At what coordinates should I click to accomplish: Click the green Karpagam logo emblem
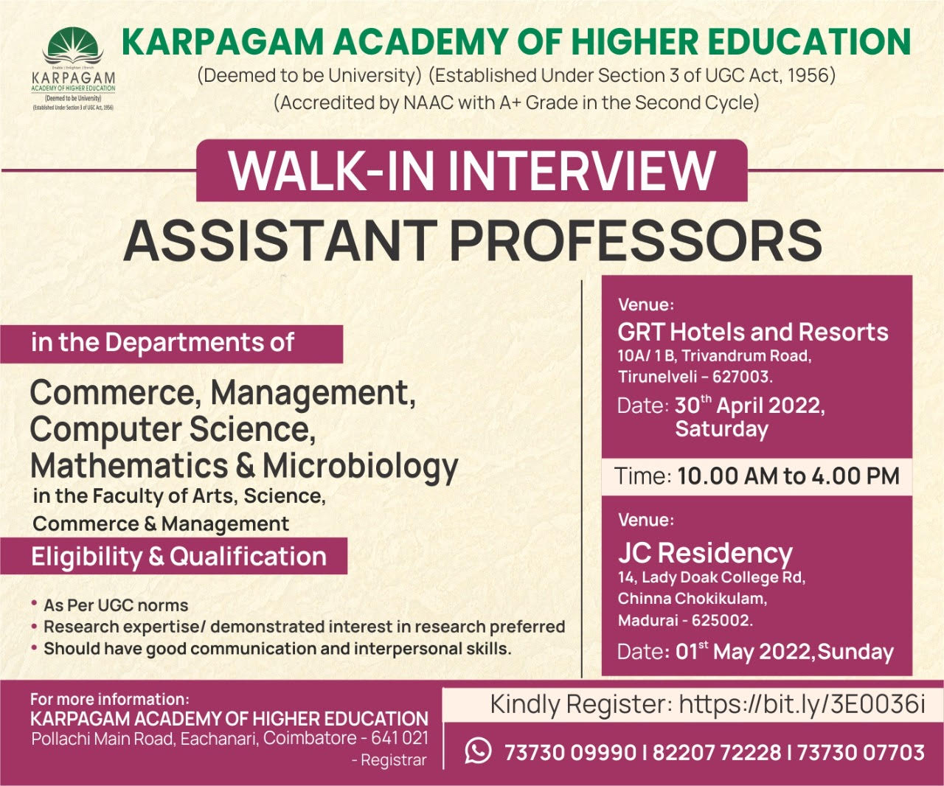coord(73,46)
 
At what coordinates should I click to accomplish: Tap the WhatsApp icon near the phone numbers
coord(478,751)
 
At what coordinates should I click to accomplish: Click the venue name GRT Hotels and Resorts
coord(753,333)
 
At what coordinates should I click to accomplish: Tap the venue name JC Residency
coord(705,553)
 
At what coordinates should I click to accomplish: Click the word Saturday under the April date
coord(721,428)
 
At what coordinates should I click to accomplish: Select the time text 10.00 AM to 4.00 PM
coord(788,476)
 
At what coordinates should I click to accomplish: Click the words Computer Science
coord(173,430)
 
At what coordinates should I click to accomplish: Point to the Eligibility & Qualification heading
coord(178,557)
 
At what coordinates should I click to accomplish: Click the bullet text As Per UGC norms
coord(116,605)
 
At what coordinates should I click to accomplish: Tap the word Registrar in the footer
coord(393,760)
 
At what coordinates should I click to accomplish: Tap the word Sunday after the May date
coord(855,653)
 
